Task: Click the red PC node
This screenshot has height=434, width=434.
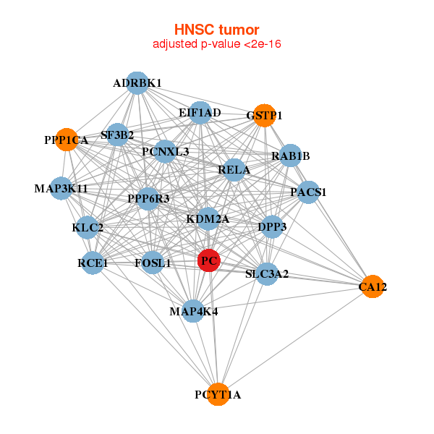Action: coord(209,260)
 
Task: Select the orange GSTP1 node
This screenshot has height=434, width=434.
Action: coord(265,116)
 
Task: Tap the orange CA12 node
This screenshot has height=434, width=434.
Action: coord(372,286)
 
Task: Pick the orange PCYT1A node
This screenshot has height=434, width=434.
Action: coord(218,394)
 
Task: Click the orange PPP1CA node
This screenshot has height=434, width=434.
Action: coord(67,140)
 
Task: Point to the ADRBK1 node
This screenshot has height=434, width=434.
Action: coord(137,83)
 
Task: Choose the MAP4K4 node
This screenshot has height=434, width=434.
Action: coord(193,311)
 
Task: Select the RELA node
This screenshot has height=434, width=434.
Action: coord(234,170)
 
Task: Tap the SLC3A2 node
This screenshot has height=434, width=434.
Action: coord(267,273)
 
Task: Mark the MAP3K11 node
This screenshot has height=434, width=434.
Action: coord(61,189)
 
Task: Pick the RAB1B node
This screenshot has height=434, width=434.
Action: coord(290,156)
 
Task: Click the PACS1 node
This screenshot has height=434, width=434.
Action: coord(309,192)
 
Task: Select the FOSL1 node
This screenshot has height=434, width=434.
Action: coord(153,263)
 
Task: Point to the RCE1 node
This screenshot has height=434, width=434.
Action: coord(93,263)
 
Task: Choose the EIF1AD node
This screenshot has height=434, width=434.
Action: coord(200,113)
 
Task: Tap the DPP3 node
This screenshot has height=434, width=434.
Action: coord(272,226)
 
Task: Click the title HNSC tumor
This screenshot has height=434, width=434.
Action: coord(216,30)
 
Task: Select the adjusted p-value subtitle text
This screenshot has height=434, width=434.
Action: coord(216,44)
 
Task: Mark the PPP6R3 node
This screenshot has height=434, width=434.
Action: coord(148,198)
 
